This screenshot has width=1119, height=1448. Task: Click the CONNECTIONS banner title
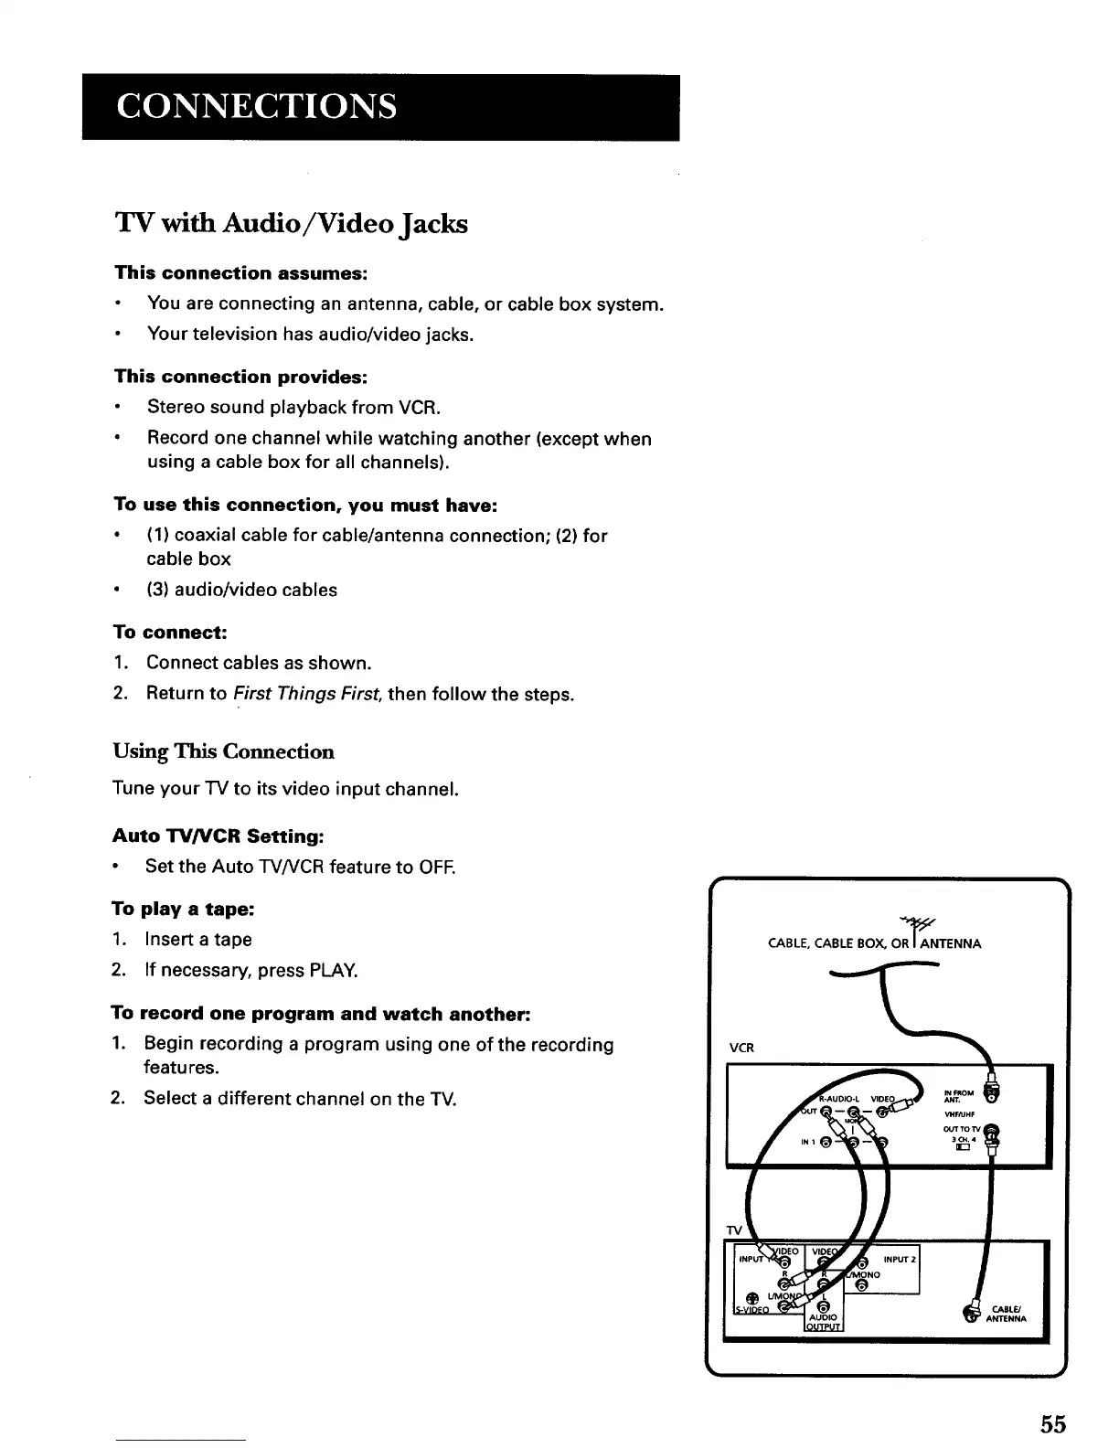click(256, 106)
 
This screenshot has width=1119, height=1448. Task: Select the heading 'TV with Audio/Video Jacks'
click(291, 223)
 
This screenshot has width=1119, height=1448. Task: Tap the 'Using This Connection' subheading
click(223, 751)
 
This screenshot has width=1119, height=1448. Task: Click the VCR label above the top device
click(741, 1048)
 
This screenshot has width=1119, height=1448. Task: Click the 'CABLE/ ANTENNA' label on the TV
click(1009, 1313)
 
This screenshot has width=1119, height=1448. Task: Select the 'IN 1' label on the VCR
click(806, 1142)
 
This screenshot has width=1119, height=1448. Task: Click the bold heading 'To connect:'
click(169, 632)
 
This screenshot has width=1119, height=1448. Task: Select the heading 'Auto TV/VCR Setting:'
click(218, 836)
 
